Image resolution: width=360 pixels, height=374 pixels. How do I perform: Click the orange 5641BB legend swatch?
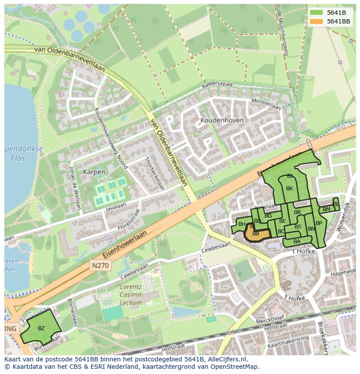[316, 21]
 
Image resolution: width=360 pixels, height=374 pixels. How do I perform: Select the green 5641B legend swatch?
[316, 13]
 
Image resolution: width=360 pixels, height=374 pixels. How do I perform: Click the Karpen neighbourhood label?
[93, 172]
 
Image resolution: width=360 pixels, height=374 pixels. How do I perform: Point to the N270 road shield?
[101, 265]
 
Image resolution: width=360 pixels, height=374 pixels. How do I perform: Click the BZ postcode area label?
[41, 328]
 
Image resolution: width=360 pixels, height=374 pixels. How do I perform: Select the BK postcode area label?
[290, 189]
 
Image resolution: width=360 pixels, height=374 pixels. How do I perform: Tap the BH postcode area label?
[242, 224]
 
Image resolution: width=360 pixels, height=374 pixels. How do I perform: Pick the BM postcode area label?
[326, 209]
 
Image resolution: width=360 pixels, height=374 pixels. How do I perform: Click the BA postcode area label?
[297, 242]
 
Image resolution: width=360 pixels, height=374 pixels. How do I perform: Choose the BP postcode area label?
[319, 223]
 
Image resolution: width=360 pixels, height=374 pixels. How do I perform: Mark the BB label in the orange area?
[256, 234]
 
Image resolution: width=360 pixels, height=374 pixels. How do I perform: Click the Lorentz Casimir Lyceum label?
[130, 295]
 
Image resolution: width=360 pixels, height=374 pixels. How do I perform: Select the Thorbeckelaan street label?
[154, 174]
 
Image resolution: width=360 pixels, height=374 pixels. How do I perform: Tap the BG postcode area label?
[268, 216]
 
